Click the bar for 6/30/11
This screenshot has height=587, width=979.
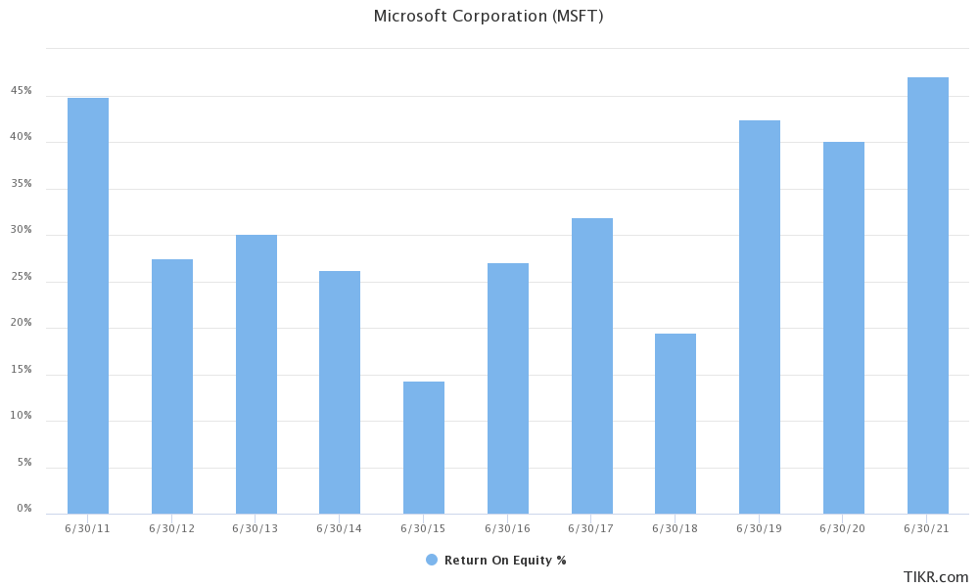[x=88, y=305]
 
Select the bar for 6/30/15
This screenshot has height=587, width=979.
[x=424, y=447]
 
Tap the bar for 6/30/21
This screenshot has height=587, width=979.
[x=927, y=295]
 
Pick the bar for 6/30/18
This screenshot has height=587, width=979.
[x=676, y=424]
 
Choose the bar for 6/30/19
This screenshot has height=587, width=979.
[x=760, y=317]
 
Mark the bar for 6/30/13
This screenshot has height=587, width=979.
[x=256, y=374]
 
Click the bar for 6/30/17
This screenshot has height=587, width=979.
[x=592, y=366]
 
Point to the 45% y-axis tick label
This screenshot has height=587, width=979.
[x=22, y=91]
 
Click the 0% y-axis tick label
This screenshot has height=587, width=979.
[x=24, y=509]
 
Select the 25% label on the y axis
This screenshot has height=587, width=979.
[x=22, y=277]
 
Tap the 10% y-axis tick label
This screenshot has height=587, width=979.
[x=22, y=416]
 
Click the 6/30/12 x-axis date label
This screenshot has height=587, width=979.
[x=171, y=528]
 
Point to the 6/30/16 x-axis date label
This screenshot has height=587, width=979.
[x=507, y=528]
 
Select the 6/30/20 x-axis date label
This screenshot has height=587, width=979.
[x=843, y=528]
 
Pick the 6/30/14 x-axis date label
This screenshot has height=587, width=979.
[x=340, y=528]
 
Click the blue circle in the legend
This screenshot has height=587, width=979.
[x=432, y=560]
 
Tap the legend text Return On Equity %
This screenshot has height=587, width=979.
[x=505, y=561]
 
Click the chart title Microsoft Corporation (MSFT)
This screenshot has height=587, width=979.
[x=489, y=17]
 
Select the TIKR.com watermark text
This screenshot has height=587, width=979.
[x=936, y=576]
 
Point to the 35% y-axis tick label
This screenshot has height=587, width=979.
[x=22, y=184]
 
